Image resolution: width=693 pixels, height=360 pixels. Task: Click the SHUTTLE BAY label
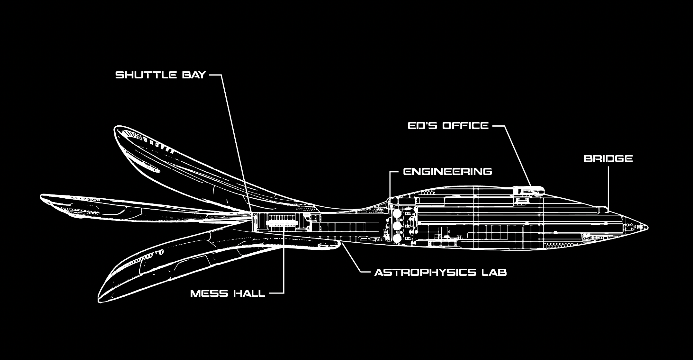(x=160, y=75)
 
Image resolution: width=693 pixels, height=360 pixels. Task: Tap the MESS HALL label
(x=228, y=293)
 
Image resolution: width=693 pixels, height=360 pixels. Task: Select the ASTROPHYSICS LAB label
(x=440, y=273)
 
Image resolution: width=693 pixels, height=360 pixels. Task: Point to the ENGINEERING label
(x=447, y=171)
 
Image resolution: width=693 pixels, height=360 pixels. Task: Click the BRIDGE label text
(x=608, y=158)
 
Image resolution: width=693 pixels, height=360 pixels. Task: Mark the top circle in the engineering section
(x=397, y=214)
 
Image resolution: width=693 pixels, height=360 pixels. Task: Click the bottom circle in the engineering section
(x=397, y=238)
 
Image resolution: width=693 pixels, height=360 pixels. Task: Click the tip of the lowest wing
(x=99, y=301)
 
